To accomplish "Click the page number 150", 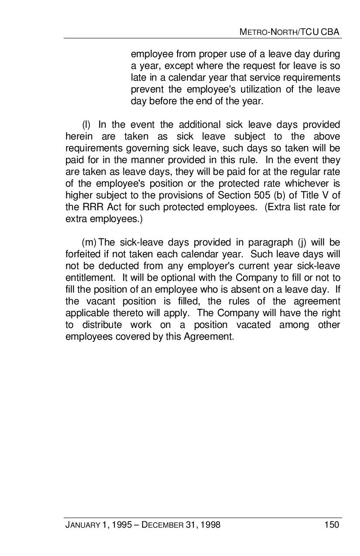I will [x=332, y=525].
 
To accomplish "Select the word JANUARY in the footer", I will [x=82, y=525].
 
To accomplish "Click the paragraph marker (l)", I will [x=86, y=125].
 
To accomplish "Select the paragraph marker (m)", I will [x=89, y=242].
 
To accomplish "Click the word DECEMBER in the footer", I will [x=162, y=525].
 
